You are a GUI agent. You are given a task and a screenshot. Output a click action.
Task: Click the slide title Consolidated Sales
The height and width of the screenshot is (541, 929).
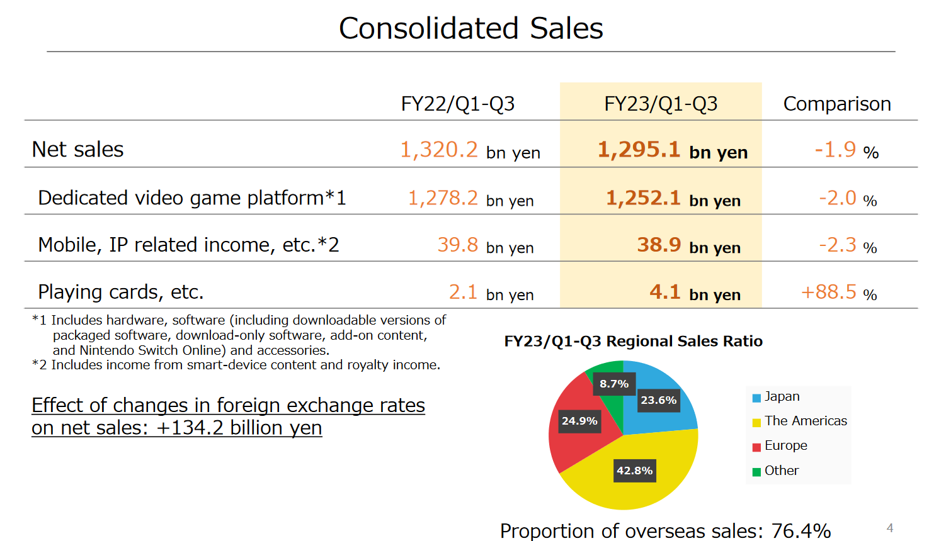click(x=470, y=28)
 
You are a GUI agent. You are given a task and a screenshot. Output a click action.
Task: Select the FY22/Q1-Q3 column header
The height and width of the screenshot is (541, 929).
click(x=458, y=104)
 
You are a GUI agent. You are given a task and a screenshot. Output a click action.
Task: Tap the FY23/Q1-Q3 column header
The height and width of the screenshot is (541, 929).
click(x=661, y=104)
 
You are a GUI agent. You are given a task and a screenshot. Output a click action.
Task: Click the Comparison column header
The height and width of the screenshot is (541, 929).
click(x=836, y=104)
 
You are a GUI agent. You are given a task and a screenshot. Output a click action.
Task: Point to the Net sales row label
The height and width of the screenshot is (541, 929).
click(x=77, y=150)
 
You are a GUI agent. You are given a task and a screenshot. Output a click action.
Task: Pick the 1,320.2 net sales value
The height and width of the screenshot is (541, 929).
click(x=439, y=150)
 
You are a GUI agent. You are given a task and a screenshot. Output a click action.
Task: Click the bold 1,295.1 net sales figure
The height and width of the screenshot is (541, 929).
click(x=639, y=150)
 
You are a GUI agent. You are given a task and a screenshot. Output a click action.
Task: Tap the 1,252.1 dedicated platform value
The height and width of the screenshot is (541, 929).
click(x=643, y=198)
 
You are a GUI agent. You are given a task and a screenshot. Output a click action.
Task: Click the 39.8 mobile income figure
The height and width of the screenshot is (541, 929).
click(x=458, y=245)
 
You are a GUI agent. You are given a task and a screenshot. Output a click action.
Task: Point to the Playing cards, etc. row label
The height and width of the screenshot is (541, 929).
click(x=120, y=293)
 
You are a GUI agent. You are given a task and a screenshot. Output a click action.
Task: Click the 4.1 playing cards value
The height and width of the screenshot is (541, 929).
click(x=665, y=293)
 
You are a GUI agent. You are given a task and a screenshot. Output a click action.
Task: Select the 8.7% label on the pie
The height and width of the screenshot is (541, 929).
click(x=614, y=384)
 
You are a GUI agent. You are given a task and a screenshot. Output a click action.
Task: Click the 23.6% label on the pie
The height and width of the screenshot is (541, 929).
click(x=658, y=400)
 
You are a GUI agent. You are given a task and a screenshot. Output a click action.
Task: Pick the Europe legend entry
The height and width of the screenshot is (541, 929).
click(x=785, y=446)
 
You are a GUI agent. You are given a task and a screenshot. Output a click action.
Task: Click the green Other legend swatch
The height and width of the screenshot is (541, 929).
click(x=756, y=472)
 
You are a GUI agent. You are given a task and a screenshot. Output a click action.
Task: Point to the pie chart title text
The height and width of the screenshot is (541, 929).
click(x=633, y=342)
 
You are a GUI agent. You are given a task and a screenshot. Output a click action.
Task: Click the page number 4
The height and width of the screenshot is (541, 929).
click(x=889, y=528)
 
